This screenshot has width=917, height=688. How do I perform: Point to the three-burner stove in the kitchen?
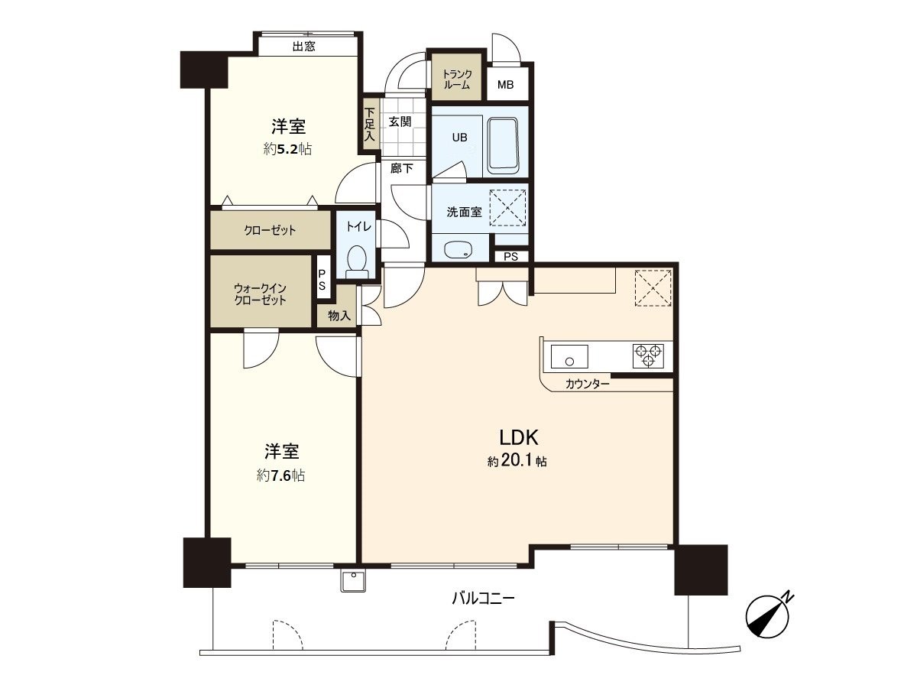point(648,356)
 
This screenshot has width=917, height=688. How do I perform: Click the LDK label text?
point(520,438)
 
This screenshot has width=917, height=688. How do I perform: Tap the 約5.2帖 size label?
point(287,150)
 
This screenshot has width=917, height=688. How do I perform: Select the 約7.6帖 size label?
point(281,475)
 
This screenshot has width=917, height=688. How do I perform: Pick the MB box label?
point(506,84)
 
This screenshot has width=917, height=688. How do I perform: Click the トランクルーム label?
point(456,80)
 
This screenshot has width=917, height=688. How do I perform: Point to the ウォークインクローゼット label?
point(260,294)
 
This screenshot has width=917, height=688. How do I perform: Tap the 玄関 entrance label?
point(400,121)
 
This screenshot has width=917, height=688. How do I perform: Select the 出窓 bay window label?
point(303,47)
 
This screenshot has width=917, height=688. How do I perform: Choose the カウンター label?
point(587,384)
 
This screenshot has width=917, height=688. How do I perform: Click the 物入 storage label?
point(338,315)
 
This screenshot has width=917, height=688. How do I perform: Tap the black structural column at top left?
point(203,70)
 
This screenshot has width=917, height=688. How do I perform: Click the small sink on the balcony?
point(353,582)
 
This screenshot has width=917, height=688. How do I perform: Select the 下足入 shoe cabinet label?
point(369,125)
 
